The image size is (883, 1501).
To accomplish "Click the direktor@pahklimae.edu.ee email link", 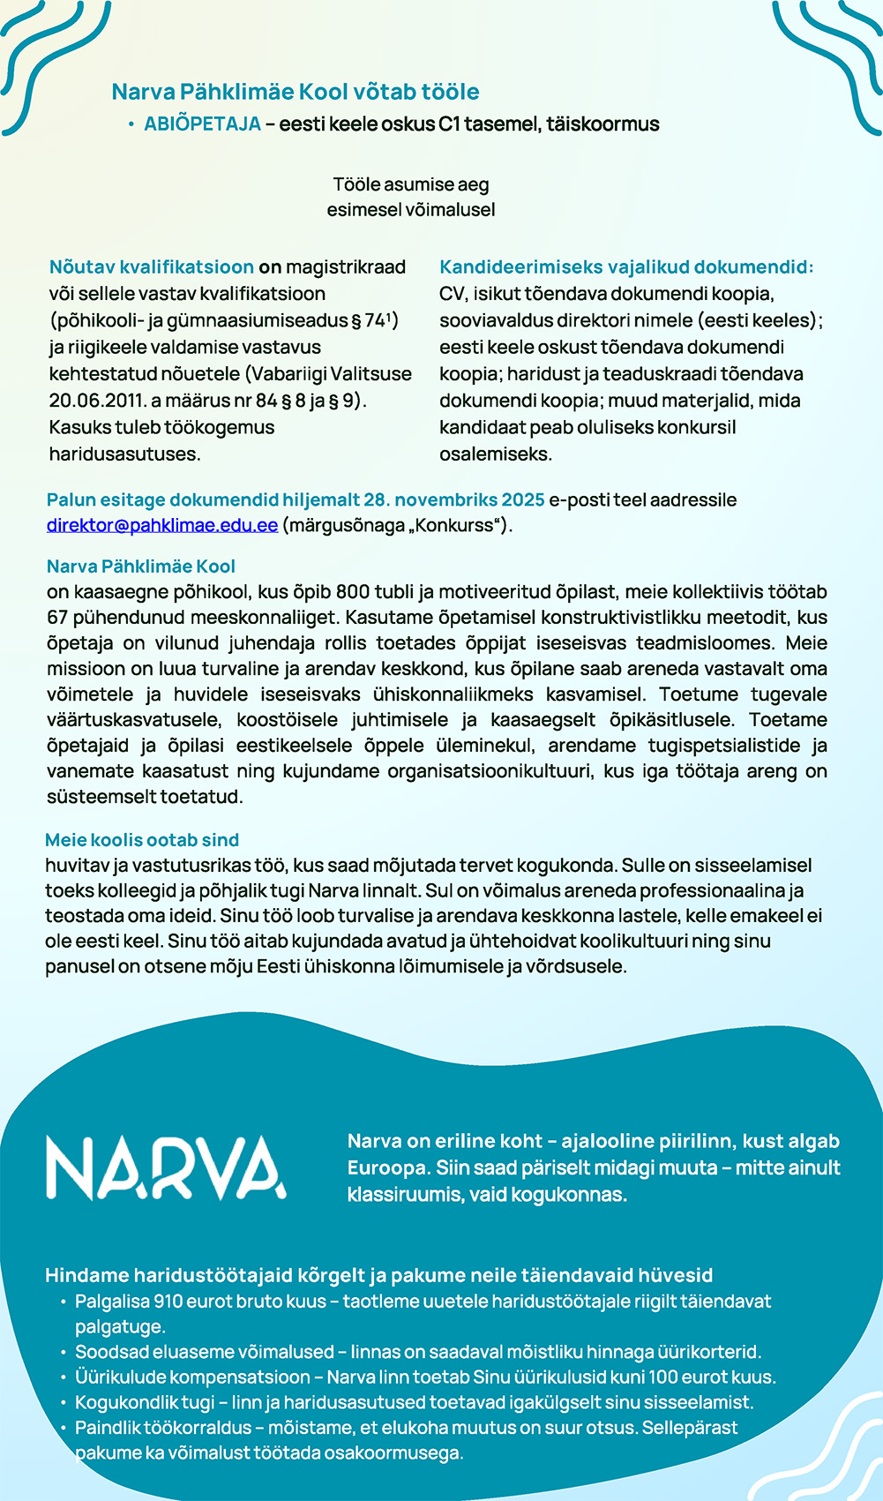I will coord(162,526).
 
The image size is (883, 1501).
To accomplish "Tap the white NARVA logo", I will coord(166,1167).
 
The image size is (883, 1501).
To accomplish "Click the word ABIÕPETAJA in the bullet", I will coord(202,124).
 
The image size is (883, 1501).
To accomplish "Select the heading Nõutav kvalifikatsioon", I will coord(152,267).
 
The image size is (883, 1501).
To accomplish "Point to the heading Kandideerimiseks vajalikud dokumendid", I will coord(626,267).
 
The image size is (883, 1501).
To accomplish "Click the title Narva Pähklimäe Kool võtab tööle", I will coord(296,92).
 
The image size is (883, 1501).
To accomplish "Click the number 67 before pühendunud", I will coord(57,618).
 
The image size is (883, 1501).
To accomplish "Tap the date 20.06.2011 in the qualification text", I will coord(101,401).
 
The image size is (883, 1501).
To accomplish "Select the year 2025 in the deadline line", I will coord(523,500).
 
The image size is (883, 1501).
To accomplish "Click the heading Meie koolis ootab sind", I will coord(142,840).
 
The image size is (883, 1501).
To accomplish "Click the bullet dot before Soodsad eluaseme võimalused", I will coord(64,1353).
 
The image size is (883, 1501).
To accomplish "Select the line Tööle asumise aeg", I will coord(411,185).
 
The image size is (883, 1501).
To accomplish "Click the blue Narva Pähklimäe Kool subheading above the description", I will coord(141,567).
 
